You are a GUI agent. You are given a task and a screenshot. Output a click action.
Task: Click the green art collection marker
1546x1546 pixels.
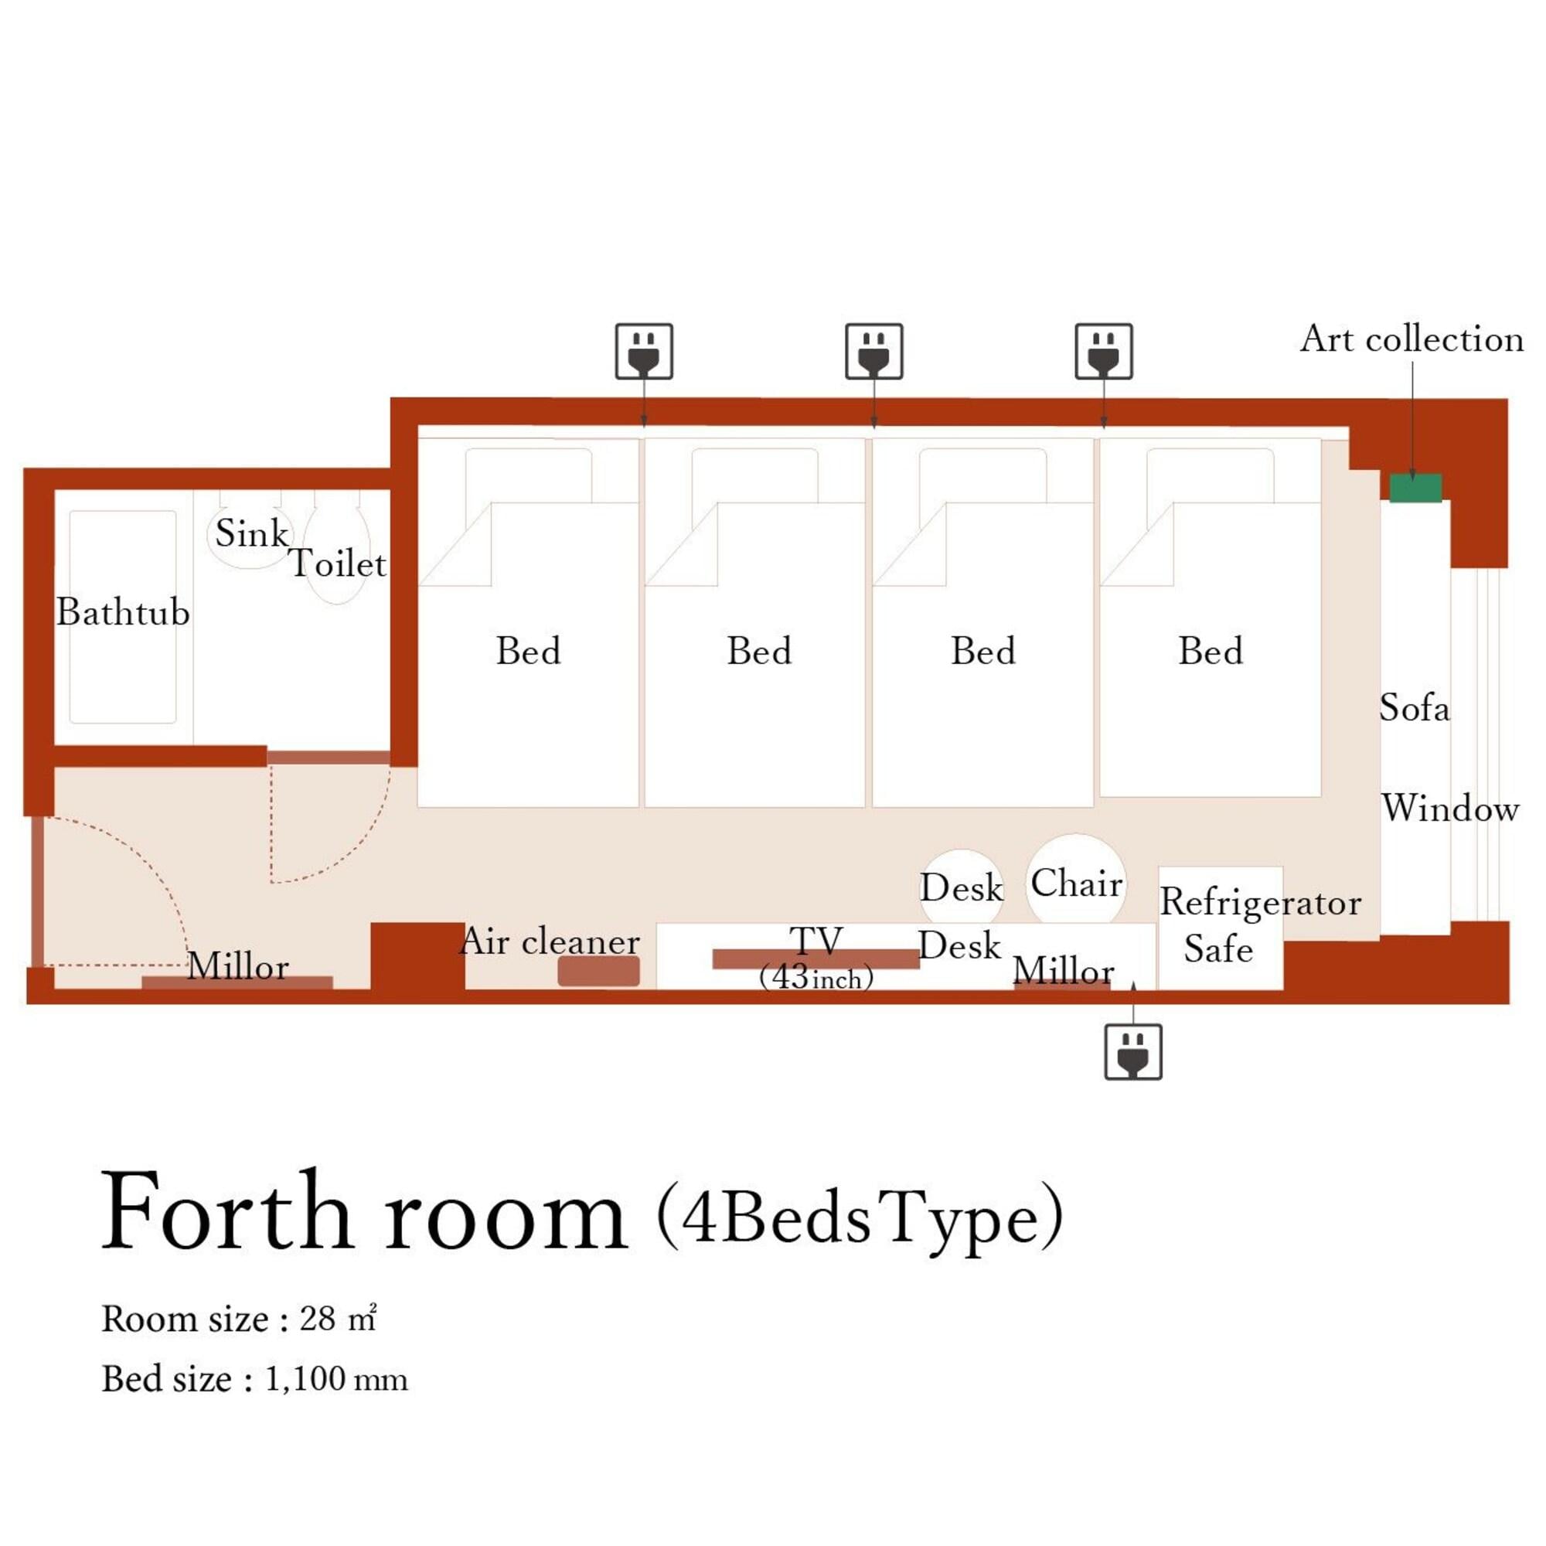(1415, 488)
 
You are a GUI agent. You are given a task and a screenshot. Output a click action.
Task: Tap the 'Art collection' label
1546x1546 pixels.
(1411, 339)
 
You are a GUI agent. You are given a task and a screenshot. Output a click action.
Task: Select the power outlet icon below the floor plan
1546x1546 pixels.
(1133, 1051)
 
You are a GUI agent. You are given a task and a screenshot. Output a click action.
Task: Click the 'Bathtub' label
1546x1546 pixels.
(123, 613)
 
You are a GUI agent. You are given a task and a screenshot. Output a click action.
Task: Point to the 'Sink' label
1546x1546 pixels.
(251, 533)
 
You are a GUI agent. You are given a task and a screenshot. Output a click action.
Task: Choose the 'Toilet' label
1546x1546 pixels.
(338, 564)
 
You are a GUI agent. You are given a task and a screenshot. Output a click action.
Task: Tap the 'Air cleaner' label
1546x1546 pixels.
(550, 941)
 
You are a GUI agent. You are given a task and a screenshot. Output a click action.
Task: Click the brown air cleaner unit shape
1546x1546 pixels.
(598, 971)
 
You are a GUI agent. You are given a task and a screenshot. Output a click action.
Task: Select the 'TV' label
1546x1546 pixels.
(816, 940)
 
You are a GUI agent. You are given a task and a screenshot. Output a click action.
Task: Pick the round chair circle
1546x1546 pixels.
(1076, 880)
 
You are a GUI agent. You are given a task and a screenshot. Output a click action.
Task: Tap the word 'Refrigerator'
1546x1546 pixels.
(1260, 904)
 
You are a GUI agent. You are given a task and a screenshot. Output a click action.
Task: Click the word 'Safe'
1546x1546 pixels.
(1218, 949)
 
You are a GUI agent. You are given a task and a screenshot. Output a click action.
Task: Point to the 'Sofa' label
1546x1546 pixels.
(1414, 708)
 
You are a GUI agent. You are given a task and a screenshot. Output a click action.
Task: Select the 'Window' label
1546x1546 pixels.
(1450, 809)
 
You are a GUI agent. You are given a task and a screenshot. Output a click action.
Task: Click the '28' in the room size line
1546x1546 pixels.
(318, 1320)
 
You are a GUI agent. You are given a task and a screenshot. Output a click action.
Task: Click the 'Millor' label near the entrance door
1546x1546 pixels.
(237, 967)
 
